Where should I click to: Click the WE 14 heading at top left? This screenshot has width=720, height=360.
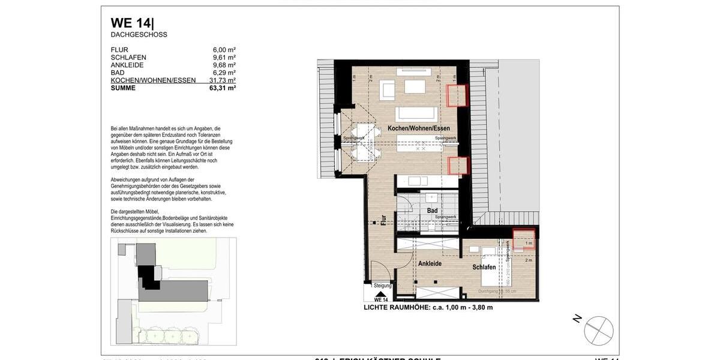click(132, 23)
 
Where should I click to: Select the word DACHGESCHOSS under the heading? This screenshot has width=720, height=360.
click(139, 35)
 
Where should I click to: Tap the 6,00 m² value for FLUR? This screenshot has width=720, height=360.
click(224, 50)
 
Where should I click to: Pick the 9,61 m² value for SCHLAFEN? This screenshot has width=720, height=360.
click(224, 58)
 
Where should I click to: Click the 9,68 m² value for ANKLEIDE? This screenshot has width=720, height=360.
click(224, 65)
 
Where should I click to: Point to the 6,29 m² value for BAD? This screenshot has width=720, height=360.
click(224, 73)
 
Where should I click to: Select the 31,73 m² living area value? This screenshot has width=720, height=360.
click(223, 80)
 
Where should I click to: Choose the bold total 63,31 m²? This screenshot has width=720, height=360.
click(223, 88)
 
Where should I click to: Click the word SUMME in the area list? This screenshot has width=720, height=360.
click(123, 88)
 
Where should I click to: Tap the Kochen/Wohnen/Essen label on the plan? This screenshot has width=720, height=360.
click(418, 128)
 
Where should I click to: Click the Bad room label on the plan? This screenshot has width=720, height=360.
click(432, 211)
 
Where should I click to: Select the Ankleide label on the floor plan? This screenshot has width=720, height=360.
click(430, 263)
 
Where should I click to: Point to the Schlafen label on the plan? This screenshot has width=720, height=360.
click(484, 267)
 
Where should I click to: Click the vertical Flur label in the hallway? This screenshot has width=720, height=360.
click(382, 220)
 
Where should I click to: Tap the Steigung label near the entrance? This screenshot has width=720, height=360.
click(382, 286)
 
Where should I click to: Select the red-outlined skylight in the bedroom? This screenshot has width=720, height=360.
click(523, 239)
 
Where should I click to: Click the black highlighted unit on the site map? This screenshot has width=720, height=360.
click(146, 275)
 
